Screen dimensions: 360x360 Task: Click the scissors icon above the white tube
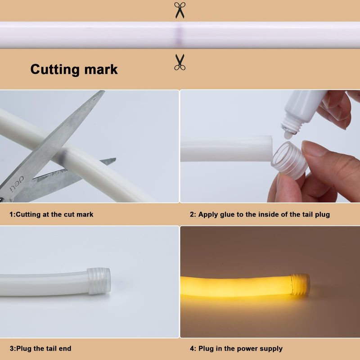(180, 10)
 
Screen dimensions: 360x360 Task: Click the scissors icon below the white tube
(180, 62)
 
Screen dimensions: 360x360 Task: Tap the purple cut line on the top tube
(179, 35)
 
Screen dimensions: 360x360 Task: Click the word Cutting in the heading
(55, 69)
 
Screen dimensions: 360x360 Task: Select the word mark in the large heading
(101, 69)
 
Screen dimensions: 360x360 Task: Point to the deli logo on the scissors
(17, 184)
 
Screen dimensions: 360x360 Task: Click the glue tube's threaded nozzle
(290, 129)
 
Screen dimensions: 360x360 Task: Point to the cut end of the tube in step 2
(269, 148)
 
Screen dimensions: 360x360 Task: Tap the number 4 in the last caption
(192, 348)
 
